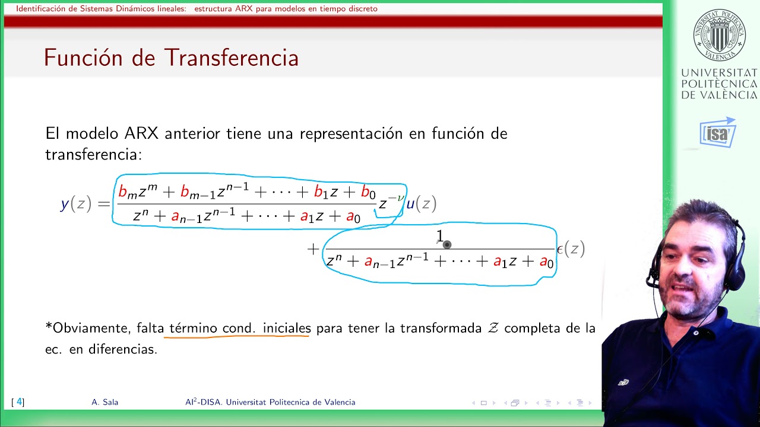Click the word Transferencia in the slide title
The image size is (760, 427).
point(231,58)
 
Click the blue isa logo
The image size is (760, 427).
point(718,133)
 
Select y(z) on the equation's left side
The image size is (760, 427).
point(76,204)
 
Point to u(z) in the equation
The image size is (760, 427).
point(421,204)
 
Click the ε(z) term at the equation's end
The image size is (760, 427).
point(571,249)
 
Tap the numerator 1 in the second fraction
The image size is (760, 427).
point(440,236)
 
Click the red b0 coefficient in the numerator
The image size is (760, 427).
point(368,193)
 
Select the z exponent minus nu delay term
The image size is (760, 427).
point(391,203)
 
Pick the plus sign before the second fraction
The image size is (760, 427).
point(313,249)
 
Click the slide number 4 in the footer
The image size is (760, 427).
point(19,402)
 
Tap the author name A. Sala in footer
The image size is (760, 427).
point(105,402)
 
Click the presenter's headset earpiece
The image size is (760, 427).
point(737,270)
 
